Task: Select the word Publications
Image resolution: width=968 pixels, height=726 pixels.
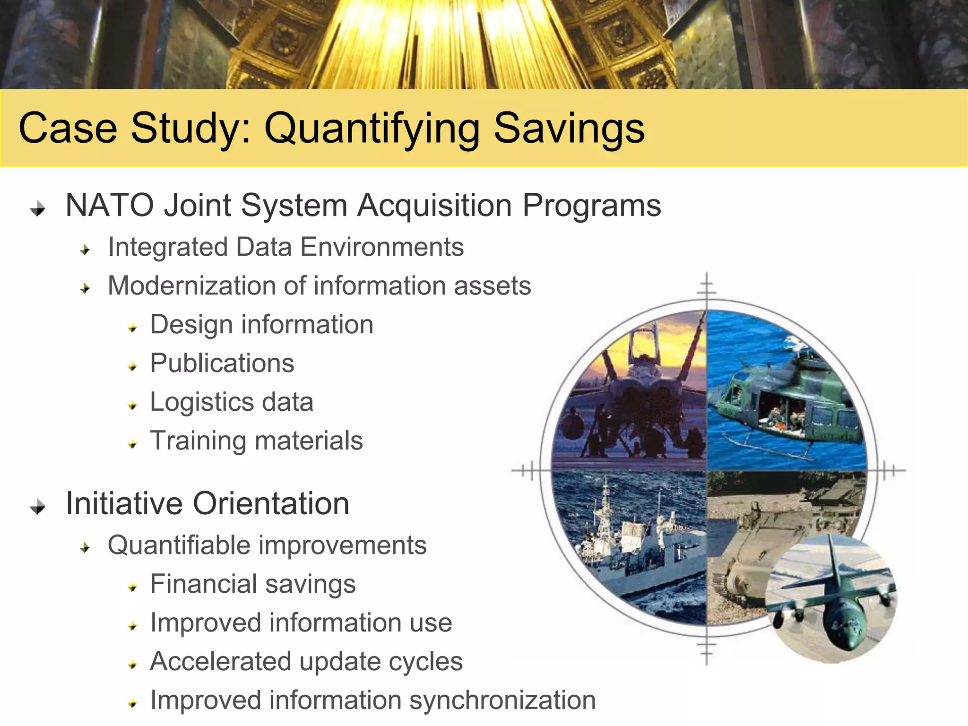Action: (222, 363)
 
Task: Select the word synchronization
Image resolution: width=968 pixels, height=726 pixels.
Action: (502, 700)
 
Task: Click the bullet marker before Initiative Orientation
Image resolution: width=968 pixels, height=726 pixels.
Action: (38, 507)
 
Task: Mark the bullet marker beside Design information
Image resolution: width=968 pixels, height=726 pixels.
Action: (133, 328)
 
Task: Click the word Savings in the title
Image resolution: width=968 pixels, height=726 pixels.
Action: (569, 129)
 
